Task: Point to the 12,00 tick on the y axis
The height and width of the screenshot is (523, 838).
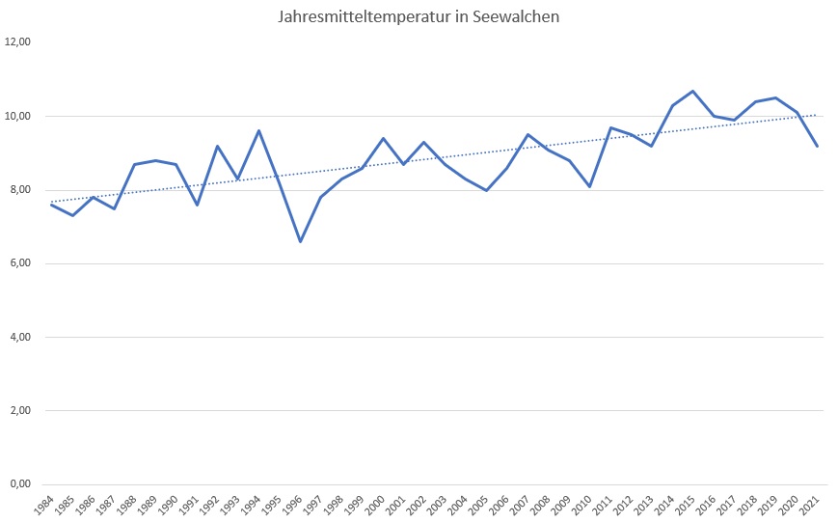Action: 19,42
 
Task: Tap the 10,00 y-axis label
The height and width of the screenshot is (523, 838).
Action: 19,116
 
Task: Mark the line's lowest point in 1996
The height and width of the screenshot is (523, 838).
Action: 300,241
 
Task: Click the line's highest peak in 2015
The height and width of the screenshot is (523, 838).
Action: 692,91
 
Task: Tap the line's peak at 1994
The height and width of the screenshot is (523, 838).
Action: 258,130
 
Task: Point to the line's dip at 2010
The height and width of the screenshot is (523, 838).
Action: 589,186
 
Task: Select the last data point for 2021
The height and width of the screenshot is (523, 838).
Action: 817,146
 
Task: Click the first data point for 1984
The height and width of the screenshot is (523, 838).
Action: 52,205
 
